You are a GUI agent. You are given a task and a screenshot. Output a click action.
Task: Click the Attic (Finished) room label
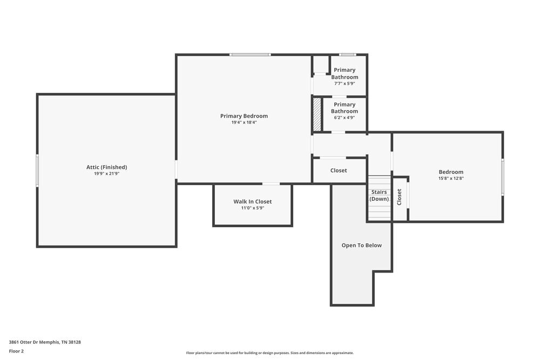pyautogui.click(x=106, y=167)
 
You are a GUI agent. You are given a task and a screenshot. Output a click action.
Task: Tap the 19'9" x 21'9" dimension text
pyautogui.click(x=106, y=174)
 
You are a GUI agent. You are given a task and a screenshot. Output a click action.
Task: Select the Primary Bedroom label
pyautogui.click(x=244, y=116)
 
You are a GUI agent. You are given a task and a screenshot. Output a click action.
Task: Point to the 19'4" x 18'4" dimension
pyautogui.click(x=244, y=123)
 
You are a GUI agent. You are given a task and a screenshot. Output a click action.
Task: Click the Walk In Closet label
pyautogui.click(x=252, y=202)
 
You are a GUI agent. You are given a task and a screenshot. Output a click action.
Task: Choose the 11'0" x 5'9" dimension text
pyautogui.click(x=252, y=208)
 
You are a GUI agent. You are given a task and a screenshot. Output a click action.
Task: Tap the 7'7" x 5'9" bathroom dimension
pyautogui.click(x=345, y=84)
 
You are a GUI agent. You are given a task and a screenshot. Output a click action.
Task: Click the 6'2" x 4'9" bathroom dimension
pyautogui.click(x=345, y=118)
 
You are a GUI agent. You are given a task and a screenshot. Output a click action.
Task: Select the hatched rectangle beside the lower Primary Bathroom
pyautogui.click(x=317, y=114)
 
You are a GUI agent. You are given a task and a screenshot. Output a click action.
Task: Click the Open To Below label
pyautogui.click(x=361, y=246)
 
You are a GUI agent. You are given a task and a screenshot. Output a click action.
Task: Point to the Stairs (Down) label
pyautogui.click(x=379, y=195)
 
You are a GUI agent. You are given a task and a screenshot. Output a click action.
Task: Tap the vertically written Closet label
pyautogui.click(x=400, y=197)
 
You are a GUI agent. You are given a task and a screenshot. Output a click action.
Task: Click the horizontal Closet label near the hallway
pyautogui.click(x=339, y=171)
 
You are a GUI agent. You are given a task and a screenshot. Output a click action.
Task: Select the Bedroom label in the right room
pyautogui.click(x=450, y=172)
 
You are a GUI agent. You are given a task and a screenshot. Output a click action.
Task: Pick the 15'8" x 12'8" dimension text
pyautogui.click(x=450, y=178)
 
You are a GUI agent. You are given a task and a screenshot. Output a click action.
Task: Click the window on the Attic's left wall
pyautogui.click(x=37, y=171)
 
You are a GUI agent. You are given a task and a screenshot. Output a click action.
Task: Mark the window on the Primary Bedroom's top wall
pyautogui.click(x=249, y=55)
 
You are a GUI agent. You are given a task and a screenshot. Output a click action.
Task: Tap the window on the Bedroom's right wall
pyautogui.click(x=502, y=176)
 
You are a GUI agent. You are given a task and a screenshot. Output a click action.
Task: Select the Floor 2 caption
pyautogui.click(x=16, y=351)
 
